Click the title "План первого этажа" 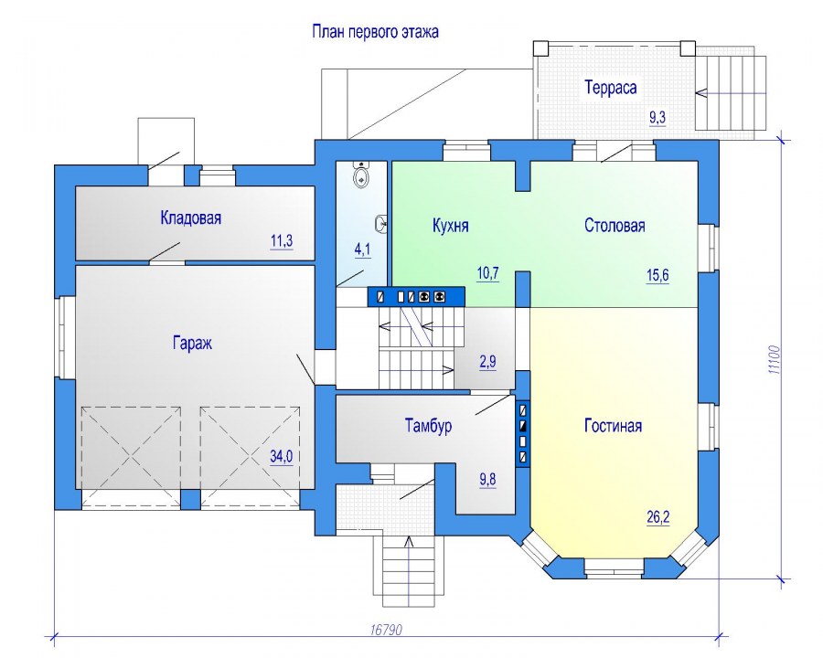click(375, 32)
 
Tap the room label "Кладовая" click(190, 218)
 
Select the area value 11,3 click(282, 241)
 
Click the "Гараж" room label click(192, 344)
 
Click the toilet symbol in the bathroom click(360, 175)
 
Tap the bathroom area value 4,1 click(362, 249)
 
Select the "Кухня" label click(450, 226)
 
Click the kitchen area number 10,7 click(487, 273)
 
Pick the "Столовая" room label click(615, 226)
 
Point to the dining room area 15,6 click(657, 275)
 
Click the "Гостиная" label click(613, 426)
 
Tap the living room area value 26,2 click(657, 518)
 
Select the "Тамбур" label click(428, 426)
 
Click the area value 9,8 click(487, 480)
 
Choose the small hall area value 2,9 click(487, 362)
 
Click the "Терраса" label click(611, 87)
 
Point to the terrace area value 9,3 click(657, 118)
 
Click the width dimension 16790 click(386, 629)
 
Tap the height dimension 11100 click(775, 359)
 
